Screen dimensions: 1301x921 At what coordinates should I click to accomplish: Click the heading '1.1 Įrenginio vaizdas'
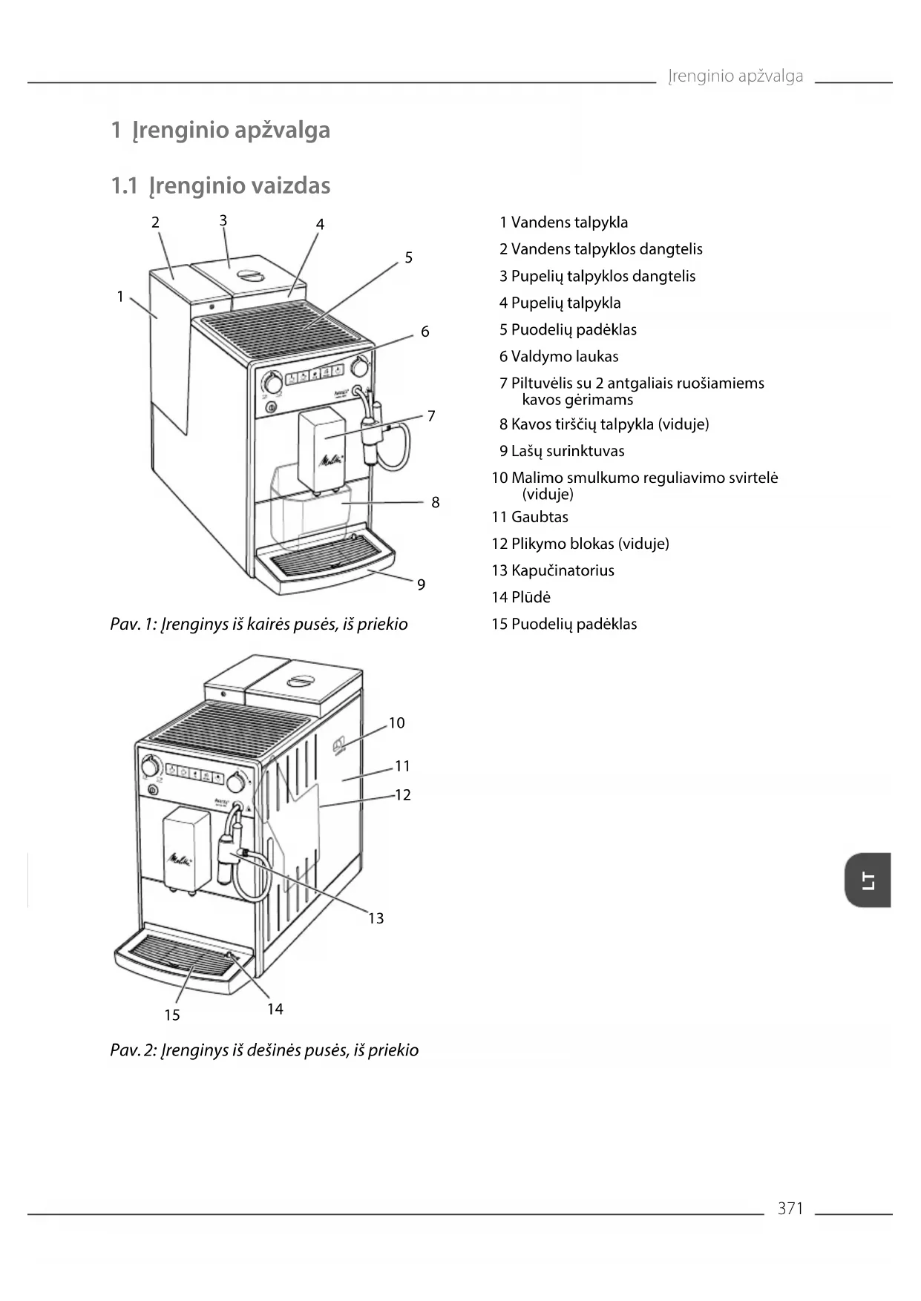pyautogui.click(x=220, y=185)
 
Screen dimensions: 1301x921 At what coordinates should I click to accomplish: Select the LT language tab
pyautogui.click(x=868, y=880)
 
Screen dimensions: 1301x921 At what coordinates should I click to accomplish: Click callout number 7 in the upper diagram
pyautogui.click(x=431, y=416)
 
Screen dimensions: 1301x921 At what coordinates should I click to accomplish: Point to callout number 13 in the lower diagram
pyautogui.click(x=376, y=918)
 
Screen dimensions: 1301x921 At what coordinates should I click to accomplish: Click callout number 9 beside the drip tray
pyautogui.click(x=421, y=584)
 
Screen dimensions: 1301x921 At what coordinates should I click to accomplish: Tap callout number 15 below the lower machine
pyautogui.click(x=172, y=1015)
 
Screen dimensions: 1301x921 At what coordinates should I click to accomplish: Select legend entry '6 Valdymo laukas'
pyautogui.click(x=559, y=357)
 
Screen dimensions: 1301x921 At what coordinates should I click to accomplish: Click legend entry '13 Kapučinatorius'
pyautogui.click(x=553, y=570)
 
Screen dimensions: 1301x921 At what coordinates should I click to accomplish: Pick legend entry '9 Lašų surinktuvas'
pyautogui.click(x=562, y=451)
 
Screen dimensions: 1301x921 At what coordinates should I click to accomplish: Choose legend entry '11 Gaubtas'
pyautogui.click(x=530, y=517)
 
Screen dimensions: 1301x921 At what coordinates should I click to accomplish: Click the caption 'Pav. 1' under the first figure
pyautogui.click(x=259, y=624)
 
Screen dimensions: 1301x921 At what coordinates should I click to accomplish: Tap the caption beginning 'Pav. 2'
pyautogui.click(x=264, y=1050)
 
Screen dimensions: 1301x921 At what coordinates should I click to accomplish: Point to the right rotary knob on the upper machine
pyautogui.click(x=360, y=366)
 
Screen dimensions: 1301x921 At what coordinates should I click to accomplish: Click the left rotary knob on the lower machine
pyautogui.click(x=151, y=765)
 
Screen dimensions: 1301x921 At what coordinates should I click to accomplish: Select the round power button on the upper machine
pyautogui.click(x=271, y=407)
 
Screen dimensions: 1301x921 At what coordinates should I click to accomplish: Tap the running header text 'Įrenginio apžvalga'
pyautogui.click(x=735, y=76)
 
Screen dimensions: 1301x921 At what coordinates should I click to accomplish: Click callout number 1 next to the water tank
pyautogui.click(x=120, y=297)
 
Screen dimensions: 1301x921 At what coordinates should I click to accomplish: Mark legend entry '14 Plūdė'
pyautogui.click(x=521, y=597)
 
